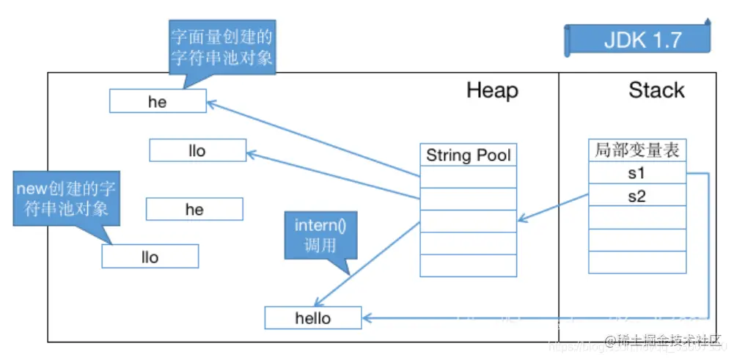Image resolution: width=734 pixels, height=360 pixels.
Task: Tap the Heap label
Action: (x=492, y=90)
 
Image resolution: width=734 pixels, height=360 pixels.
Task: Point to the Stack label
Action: (x=656, y=90)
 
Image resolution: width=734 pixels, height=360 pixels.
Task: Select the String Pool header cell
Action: (x=468, y=155)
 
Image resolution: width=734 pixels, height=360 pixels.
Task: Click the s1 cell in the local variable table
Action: (x=637, y=174)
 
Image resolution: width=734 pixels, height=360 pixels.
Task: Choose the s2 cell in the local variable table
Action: (x=637, y=196)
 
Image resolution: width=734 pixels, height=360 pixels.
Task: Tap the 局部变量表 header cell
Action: (x=637, y=151)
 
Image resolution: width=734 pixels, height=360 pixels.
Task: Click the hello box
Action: (x=313, y=318)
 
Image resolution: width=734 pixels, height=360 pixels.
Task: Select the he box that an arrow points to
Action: (x=158, y=102)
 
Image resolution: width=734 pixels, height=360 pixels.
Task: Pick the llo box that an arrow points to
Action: (x=197, y=151)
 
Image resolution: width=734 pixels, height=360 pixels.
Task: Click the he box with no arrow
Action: (x=194, y=210)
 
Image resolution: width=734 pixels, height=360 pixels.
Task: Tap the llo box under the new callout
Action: (x=150, y=257)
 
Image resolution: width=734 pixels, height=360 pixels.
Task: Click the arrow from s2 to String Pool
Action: (x=554, y=207)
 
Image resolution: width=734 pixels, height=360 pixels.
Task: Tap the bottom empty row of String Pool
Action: (x=468, y=265)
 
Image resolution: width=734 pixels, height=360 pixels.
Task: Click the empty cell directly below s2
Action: (x=637, y=218)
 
